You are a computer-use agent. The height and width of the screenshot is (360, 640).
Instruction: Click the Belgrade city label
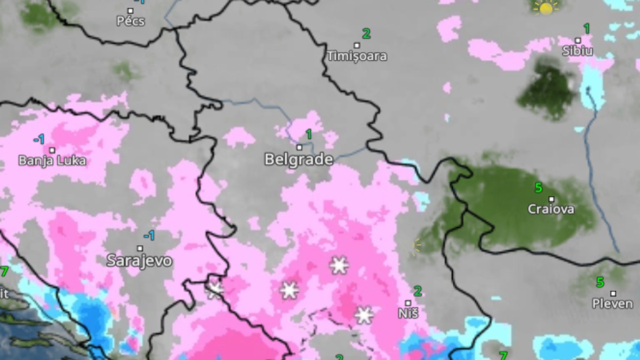299,159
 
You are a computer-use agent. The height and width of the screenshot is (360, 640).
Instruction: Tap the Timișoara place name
357,56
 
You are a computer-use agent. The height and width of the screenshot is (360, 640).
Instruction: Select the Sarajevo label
139,261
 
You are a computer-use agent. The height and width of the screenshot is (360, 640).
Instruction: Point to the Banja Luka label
52,161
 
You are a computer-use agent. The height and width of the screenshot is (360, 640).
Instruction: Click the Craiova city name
551,209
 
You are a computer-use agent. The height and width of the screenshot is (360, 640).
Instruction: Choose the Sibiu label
577,51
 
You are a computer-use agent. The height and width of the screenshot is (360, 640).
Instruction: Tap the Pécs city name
131,21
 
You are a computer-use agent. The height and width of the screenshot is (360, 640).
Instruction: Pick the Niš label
408,314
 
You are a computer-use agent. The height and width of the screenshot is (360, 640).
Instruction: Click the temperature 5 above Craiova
538,188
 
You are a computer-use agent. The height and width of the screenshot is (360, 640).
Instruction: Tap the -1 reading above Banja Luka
39,140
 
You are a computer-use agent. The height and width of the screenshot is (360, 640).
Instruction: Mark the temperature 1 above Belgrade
308,134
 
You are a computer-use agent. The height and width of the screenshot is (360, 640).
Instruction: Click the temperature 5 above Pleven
600,282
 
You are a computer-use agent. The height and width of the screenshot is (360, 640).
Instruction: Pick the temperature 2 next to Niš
418,291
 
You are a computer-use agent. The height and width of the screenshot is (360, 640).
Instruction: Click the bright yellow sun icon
546,8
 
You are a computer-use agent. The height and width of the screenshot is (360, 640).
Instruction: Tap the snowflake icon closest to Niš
364,315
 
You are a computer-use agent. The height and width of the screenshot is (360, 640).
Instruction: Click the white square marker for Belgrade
299,147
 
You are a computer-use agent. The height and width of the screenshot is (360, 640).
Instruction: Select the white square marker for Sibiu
578,40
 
